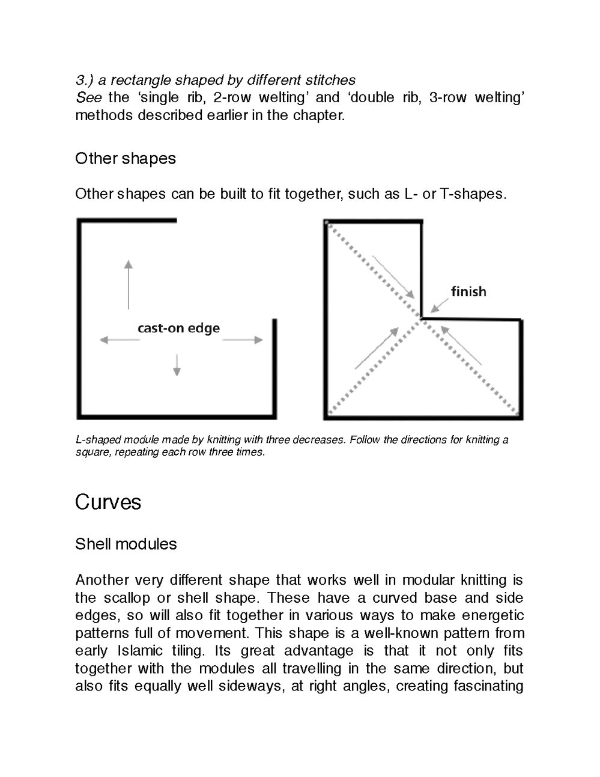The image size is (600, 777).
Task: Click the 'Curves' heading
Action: [108, 502]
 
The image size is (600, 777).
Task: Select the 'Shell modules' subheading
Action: [126, 544]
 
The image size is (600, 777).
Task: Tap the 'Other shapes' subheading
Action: [126, 159]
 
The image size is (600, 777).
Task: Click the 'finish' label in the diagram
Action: [468, 291]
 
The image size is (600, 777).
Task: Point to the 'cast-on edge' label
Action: [178, 328]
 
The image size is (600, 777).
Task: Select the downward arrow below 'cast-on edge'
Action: [177, 365]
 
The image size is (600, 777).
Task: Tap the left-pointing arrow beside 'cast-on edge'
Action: [119, 340]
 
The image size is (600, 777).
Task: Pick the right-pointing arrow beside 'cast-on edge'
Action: [243, 340]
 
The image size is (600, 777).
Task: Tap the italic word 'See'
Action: [88, 97]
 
